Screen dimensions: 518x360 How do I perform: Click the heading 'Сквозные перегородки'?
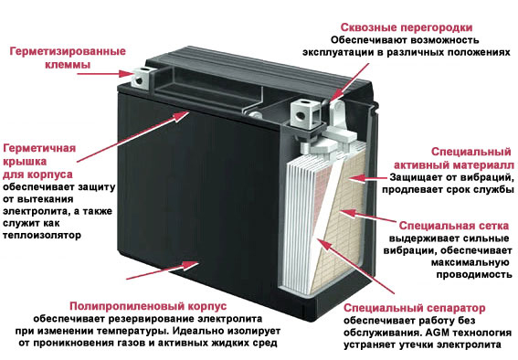[407, 27]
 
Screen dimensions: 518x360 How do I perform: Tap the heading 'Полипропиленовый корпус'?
[148, 306]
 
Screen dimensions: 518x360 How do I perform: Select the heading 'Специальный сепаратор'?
[414, 308]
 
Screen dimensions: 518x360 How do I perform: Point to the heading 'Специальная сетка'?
[453, 226]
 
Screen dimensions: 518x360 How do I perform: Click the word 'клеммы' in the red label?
[68, 64]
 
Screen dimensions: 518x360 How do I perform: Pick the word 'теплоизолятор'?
[42, 236]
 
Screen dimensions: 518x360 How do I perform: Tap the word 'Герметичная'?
[39, 148]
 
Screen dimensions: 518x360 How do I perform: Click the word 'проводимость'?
[474, 275]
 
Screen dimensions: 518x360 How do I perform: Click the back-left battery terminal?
[143, 79]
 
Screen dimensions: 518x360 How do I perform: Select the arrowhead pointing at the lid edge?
[182, 116]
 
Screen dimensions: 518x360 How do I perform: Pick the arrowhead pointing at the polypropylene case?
[191, 265]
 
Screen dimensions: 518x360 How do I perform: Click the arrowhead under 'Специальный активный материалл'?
[356, 178]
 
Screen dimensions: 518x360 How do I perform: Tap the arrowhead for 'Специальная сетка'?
[347, 212]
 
